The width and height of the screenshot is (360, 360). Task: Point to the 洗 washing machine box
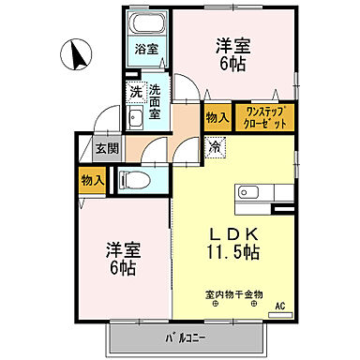click(x=135, y=92)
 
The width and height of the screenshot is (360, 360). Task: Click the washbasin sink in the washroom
click(x=135, y=117)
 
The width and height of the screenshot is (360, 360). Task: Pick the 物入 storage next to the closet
click(x=216, y=117)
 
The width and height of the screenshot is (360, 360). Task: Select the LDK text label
click(x=234, y=233)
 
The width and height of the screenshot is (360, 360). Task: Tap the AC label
click(x=280, y=305)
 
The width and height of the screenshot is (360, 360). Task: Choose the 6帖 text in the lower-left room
click(x=120, y=268)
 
